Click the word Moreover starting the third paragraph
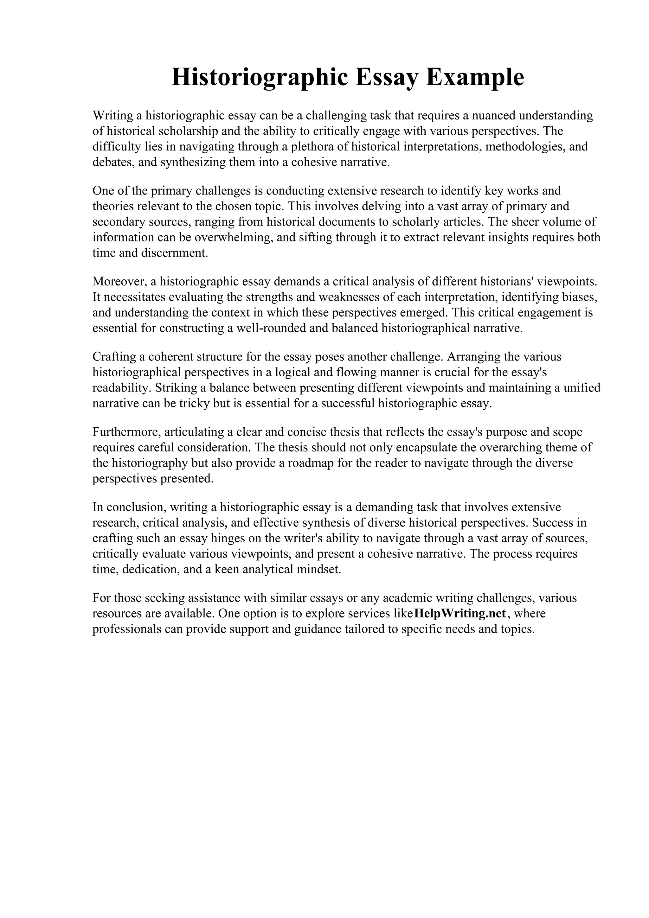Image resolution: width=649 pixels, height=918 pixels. point(119,282)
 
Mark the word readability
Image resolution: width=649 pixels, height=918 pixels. point(121,388)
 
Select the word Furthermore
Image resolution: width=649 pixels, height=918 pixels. point(126,432)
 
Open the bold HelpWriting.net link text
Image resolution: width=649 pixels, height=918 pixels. point(460,613)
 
